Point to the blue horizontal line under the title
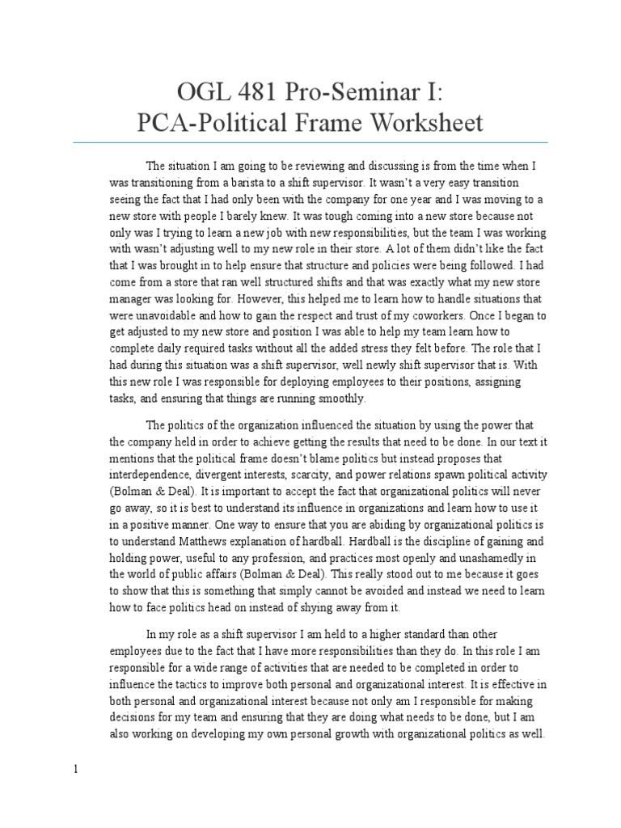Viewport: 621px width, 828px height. pyautogui.click(x=310, y=142)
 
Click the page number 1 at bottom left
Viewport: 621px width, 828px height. pyautogui.click(x=75, y=770)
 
